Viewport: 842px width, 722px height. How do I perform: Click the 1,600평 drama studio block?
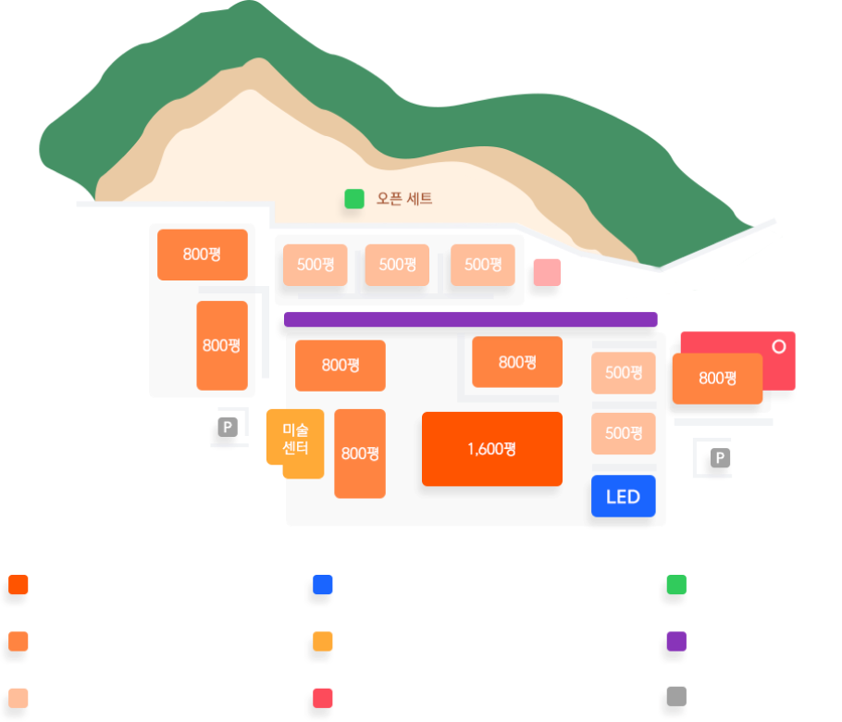tap(491, 449)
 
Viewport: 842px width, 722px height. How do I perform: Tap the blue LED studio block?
tap(623, 496)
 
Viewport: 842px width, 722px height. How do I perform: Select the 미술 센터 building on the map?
tap(295, 441)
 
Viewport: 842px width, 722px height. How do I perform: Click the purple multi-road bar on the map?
tap(470, 319)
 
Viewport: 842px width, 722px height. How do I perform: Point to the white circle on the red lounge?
tap(779, 346)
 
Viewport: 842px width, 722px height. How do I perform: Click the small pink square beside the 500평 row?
tap(547, 271)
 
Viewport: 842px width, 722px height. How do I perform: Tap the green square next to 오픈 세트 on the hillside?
tap(354, 198)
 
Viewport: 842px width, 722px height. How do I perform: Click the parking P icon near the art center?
tap(228, 427)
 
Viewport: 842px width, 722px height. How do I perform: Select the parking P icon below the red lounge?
tap(719, 458)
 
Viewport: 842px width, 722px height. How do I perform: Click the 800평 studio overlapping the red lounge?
tap(716, 379)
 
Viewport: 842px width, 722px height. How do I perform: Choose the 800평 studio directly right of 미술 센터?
tap(360, 454)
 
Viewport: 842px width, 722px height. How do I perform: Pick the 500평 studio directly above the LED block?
tap(624, 433)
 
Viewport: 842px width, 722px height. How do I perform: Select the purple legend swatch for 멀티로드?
tap(675, 641)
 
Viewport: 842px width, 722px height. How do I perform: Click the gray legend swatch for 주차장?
tap(675, 697)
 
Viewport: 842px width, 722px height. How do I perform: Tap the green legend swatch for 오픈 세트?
tap(675, 586)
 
